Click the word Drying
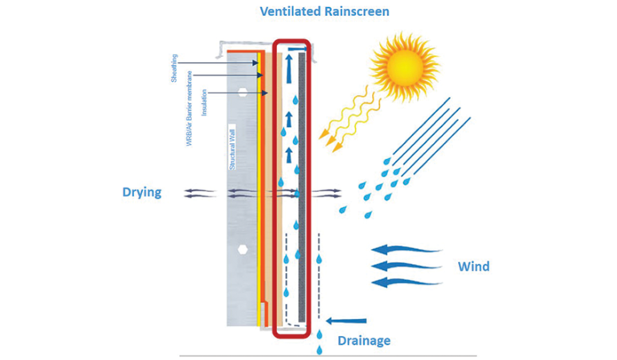tap(141, 192)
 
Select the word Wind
tap(473, 266)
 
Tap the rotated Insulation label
tap(204, 104)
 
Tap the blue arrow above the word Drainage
tap(347, 321)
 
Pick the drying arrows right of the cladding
tap(325, 193)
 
